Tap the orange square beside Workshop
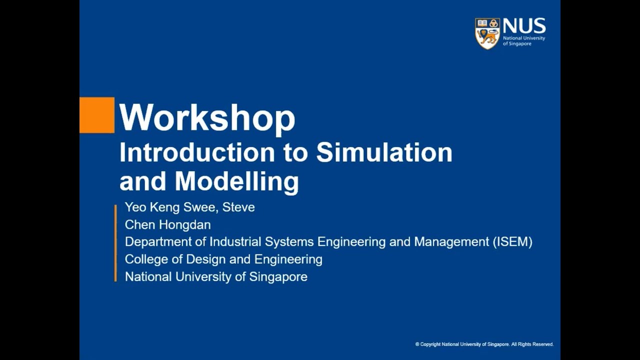tap(97, 115)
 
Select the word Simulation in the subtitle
tap(384, 152)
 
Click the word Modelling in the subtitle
tap(236, 181)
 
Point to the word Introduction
tap(197, 152)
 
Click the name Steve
tap(238, 207)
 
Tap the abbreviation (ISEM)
tap(512, 242)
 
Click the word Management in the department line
tap(451, 242)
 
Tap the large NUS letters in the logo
tap(524, 26)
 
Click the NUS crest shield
tap(487, 33)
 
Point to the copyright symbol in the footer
tap(417, 344)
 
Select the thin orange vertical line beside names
tap(115, 242)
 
